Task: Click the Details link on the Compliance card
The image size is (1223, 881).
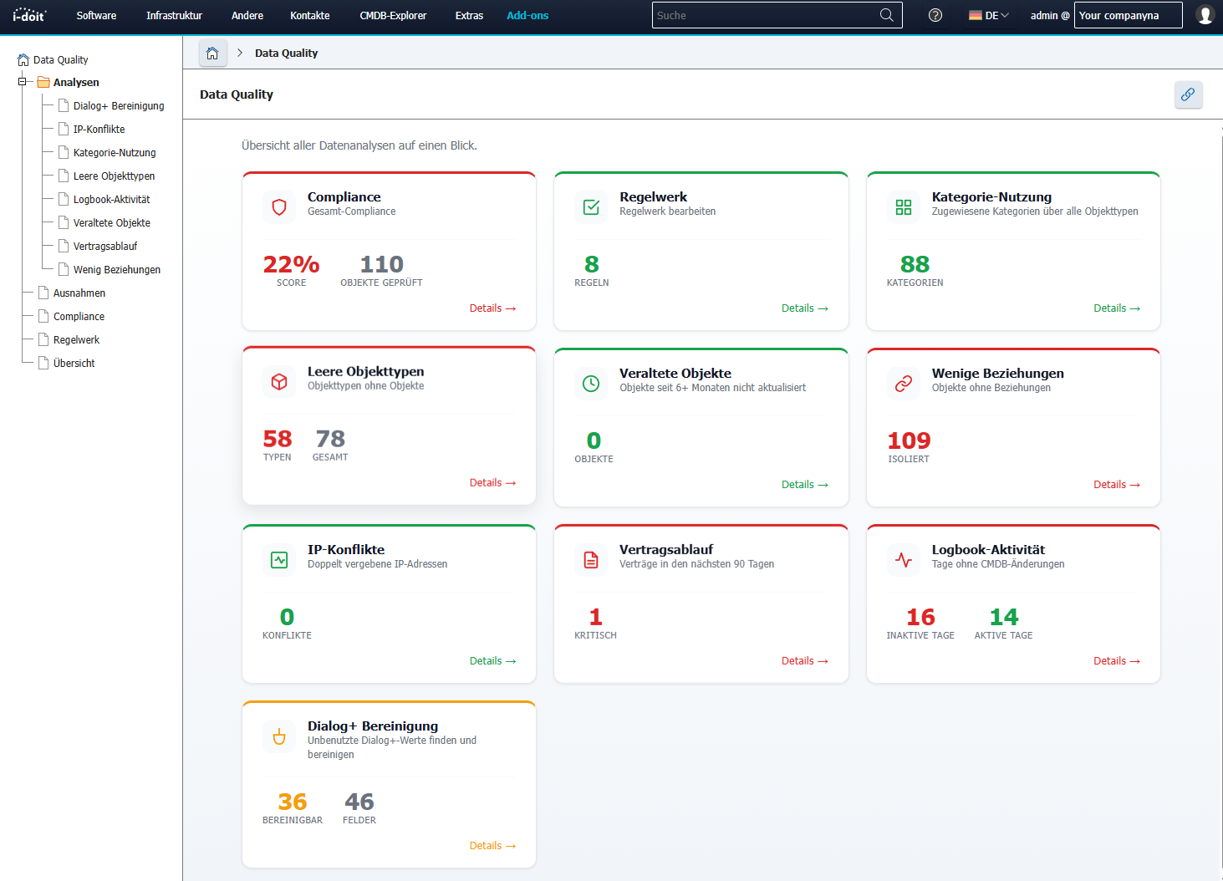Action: tap(492, 308)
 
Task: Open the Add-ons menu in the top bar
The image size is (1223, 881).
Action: tap(527, 16)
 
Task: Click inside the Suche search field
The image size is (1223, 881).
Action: tap(765, 16)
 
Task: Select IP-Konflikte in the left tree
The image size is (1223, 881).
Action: tap(99, 130)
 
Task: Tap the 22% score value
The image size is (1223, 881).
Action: tap(291, 265)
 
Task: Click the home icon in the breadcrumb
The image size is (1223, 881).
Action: tap(212, 53)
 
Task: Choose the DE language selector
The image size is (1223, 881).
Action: tap(989, 16)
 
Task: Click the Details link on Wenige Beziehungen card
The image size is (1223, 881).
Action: tap(1116, 485)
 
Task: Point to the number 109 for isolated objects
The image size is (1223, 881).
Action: tap(909, 441)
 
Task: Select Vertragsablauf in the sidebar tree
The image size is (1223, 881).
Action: tap(105, 247)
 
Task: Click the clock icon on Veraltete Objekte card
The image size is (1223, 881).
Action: tap(591, 384)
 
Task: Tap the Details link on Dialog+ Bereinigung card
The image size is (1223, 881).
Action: tap(492, 846)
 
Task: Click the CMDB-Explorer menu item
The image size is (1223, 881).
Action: tap(393, 16)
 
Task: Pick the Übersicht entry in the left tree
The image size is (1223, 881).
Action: tap(74, 364)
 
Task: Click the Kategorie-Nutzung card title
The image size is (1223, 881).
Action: tap(991, 197)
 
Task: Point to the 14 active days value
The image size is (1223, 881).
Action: tap(1003, 618)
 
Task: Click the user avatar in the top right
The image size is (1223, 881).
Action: tap(1205, 15)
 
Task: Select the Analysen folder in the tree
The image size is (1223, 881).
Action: tap(76, 83)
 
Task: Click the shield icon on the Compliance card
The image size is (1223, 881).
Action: tap(279, 207)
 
